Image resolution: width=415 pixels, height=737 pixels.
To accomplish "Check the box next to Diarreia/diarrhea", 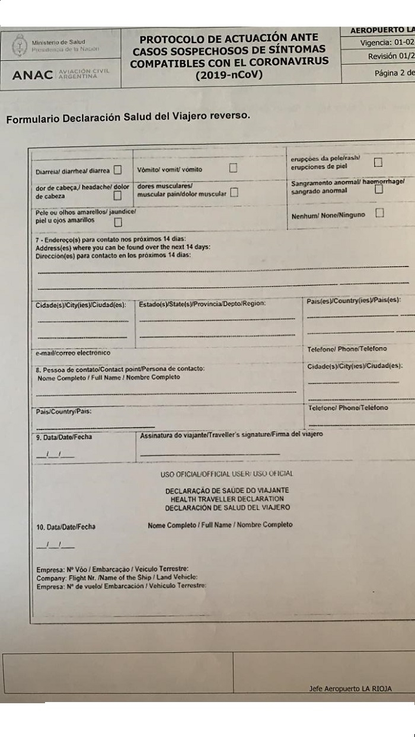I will [x=117, y=170].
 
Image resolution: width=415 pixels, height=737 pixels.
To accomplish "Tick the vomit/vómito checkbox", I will [x=233, y=168].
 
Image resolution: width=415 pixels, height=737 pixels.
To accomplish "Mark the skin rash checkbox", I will [x=378, y=162].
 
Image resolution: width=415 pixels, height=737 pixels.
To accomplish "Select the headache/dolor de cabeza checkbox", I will [x=117, y=195].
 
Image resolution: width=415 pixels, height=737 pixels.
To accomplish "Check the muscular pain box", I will [x=234, y=193].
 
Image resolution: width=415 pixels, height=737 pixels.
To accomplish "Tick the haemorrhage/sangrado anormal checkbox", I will [x=379, y=190].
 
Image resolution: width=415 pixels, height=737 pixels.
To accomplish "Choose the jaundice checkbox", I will [x=118, y=222].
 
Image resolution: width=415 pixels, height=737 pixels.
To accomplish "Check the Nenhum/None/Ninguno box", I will [x=379, y=213].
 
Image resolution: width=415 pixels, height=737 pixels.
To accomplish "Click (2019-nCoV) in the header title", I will [x=228, y=75].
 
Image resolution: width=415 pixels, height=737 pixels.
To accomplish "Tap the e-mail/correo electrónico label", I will [x=73, y=353].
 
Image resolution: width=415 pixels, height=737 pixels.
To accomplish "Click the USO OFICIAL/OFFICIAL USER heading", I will [x=226, y=474].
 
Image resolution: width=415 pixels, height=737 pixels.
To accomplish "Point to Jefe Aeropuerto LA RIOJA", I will [x=350, y=689].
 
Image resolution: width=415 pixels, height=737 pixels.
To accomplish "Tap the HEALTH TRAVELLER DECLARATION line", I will [x=226, y=499].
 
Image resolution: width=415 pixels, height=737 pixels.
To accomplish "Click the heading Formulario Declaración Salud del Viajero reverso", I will [x=128, y=117].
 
